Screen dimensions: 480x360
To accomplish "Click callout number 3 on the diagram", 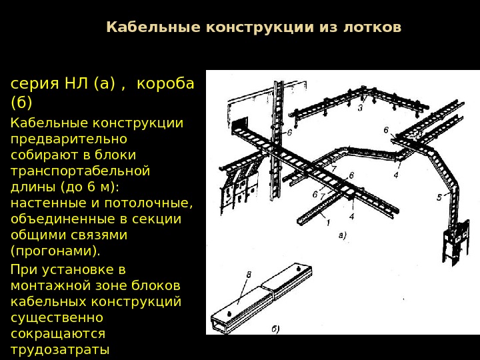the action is point(360,107).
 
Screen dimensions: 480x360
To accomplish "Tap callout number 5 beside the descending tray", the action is point(439,197).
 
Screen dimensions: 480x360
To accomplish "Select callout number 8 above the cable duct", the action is point(249,274).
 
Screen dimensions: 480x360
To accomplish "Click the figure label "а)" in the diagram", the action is point(342,235).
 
